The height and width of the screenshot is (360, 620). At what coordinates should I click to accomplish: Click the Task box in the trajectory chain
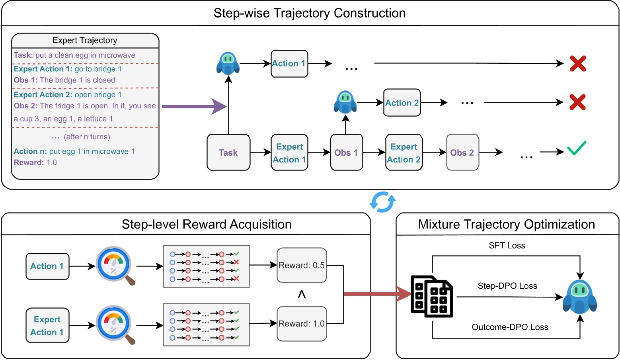tap(228, 153)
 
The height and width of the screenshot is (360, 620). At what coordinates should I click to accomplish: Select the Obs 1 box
tap(346, 153)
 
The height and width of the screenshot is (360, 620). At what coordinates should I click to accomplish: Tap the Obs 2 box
tap(462, 153)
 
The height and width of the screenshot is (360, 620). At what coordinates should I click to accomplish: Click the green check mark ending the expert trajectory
tap(577, 148)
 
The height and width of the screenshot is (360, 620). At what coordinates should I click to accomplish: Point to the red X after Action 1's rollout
tap(578, 63)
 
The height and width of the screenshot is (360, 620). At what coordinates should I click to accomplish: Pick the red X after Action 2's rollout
tap(577, 102)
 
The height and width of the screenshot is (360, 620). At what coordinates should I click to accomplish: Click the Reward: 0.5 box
tap(302, 265)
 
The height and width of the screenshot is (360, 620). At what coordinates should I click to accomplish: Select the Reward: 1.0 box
tap(302, 324)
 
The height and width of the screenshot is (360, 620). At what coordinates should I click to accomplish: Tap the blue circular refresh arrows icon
tap(382, 202)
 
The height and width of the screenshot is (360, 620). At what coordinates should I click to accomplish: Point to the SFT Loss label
tap(507, 246)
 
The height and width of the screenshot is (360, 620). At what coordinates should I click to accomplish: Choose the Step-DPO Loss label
tap(507, 286)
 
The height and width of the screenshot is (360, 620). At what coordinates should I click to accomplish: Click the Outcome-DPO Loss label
tap(510, 327)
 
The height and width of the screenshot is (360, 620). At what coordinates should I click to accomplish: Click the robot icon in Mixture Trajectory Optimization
tap(580, 297)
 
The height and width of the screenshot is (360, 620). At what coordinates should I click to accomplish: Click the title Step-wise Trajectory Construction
tap(310, 13)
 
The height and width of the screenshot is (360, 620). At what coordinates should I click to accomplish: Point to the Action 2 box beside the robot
tap(402, 103)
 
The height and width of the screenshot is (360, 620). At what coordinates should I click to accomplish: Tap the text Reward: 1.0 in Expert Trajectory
tap(35, 162)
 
